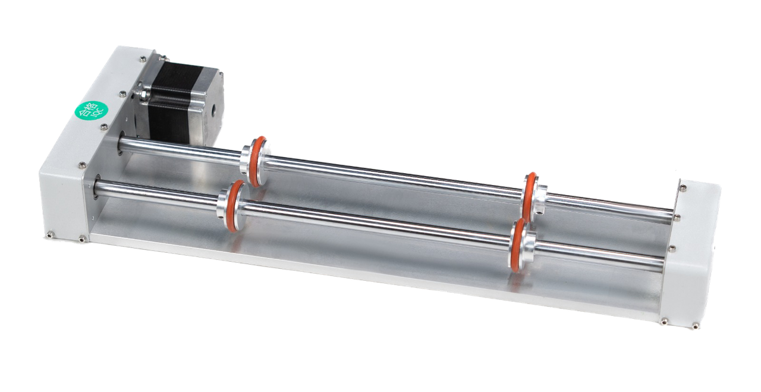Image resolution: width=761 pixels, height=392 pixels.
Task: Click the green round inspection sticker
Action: tap(89, 109)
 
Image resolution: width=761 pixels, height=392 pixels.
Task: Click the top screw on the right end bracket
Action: tap(683, 188)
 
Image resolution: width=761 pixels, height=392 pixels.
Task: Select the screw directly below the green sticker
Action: tap(105, 126)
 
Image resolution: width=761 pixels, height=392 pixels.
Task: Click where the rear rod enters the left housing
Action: tap(122, 142)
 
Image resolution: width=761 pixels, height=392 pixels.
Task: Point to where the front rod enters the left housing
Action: tap(97, 189)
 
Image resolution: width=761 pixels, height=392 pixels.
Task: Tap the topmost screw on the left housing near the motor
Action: tap(143, 59)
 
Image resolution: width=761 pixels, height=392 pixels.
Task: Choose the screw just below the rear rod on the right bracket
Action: tap(672, 248)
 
